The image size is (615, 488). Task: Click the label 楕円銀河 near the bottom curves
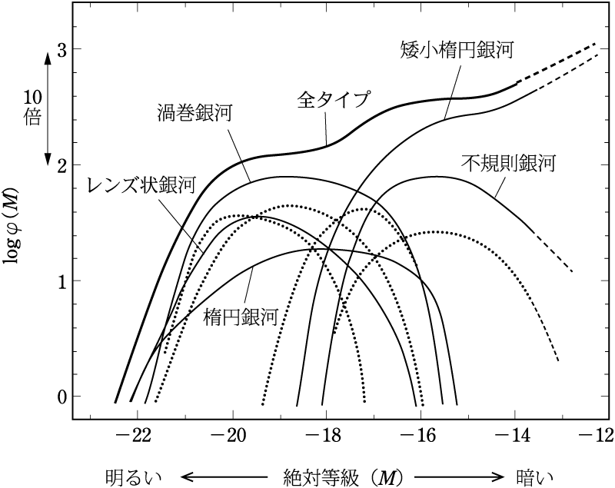click(241, 315)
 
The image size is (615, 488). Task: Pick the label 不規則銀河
click(508, 163)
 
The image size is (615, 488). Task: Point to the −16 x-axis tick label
click(416, 435)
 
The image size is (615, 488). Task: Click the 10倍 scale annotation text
click(32, 110)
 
